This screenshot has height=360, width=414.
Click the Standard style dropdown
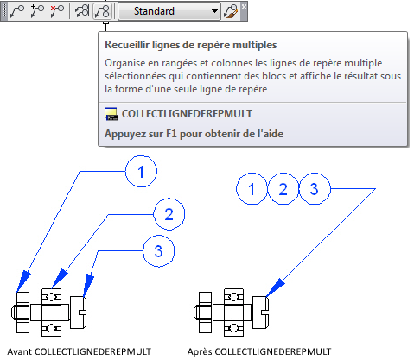[x=169, y=11]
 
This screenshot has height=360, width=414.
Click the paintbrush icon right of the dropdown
[x=231, y=11]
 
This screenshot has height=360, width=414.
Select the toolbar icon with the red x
[x=57, y=11]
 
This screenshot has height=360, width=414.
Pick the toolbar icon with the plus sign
[x=37, y=11]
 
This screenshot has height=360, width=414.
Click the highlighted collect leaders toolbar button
[x=102, y=11]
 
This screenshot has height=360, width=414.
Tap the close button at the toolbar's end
[x=244, y=6]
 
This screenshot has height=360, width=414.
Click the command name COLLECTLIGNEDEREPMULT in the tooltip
[x=187, y=114]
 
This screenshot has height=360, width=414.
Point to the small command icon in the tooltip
[x=111, y=114]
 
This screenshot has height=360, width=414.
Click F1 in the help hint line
[x=171, y=134]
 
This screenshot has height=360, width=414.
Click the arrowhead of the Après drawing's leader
[x=275, y=287]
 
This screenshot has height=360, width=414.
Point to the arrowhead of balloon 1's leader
[x=23, y=281]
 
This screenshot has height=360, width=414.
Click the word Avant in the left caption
[x=20, y=351]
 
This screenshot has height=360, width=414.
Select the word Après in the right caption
[x=200, y=351]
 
